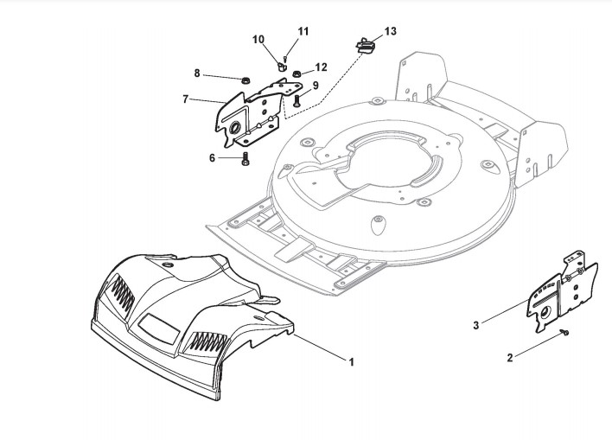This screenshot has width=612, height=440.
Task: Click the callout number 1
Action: tap(352, 361)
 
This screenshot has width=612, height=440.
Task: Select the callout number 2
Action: tap(509, 357)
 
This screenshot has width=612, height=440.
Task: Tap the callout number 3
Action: tap(476, 326)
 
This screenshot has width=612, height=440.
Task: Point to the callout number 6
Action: tap(213, 157)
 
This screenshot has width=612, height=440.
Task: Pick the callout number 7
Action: tap(186, 99)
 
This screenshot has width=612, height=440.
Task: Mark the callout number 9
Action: tap(316, 86)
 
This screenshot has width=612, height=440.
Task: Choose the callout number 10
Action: tap(258, 40)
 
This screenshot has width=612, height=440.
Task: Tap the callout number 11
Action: tap(303, 31)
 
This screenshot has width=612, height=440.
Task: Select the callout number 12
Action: tap(321, 67)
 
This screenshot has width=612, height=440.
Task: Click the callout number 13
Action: tap(391, 31)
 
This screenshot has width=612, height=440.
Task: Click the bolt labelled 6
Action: tap(245, 159)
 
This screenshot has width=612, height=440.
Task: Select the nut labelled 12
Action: tap(296, 73)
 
